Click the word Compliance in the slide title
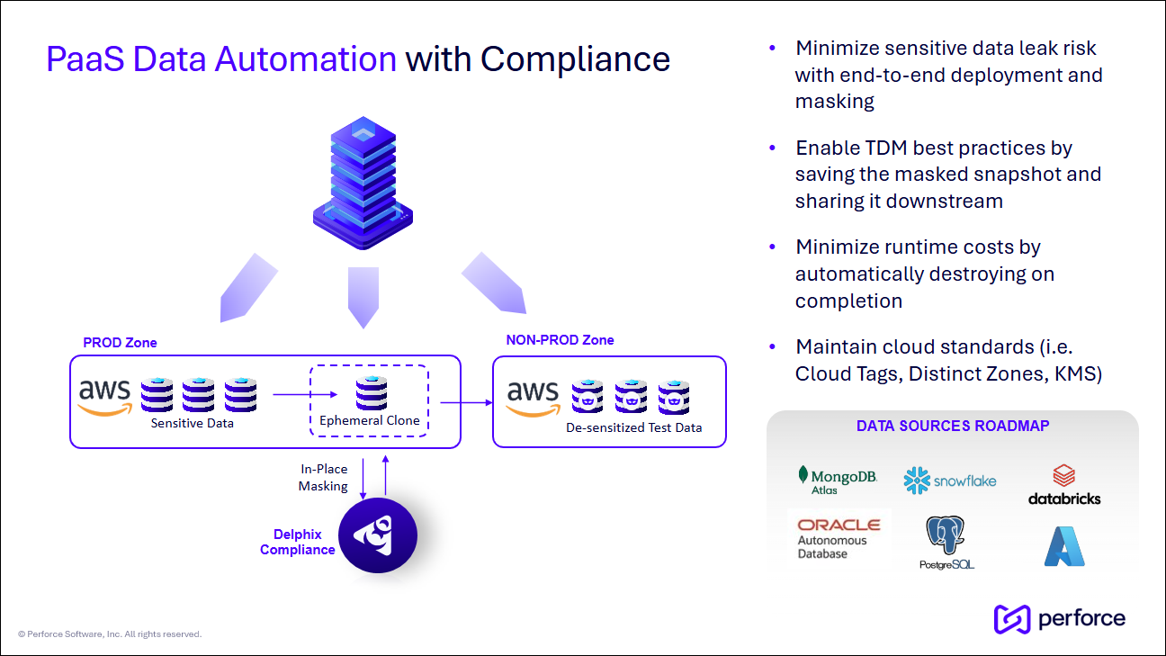575,59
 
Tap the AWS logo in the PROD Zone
104,397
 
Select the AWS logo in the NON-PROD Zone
533,397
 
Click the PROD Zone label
120,343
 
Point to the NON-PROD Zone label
560,340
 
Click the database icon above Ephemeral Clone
371,393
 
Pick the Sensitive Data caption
192,423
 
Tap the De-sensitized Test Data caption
633,427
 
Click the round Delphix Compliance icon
378,535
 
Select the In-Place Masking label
324,478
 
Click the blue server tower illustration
363,184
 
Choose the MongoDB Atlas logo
838,480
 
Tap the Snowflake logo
950,481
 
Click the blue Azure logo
1064,545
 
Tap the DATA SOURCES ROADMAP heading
952,426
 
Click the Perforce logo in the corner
1059,619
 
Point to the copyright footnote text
109,634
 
